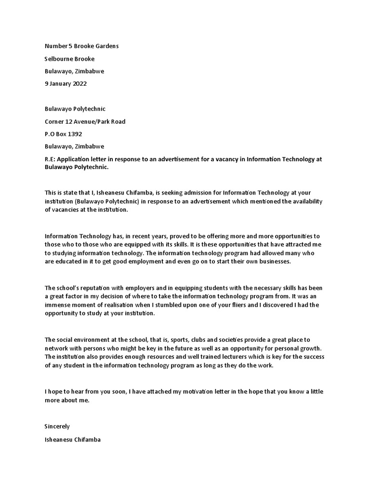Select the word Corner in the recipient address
[x=54, y=121]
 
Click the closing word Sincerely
[x=57, y=427]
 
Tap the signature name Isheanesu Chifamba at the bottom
[x=73, y=439]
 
